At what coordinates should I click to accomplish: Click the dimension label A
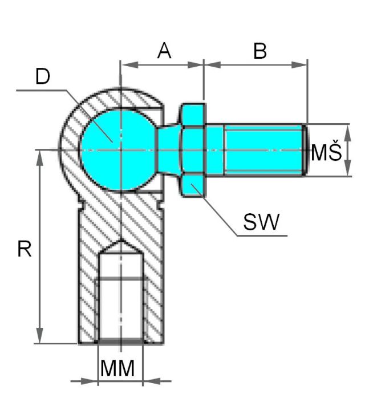[x=164, y=51]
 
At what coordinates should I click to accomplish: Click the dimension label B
[x=260, y=51]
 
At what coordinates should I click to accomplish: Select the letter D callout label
[x=43, y=76]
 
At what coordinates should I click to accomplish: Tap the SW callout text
[x=261, y=222]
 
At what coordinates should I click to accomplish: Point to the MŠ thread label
[x=326, y=151]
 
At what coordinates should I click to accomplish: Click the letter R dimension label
[x=25, y=249]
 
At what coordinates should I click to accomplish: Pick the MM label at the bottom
[x=117, y=368]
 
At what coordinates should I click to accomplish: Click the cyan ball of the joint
[x=118, y=150]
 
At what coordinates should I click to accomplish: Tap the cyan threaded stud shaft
[x=263, y=150]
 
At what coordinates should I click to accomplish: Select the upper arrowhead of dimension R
[x=40, y=158]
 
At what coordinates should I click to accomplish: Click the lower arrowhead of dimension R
[x=40, y=335]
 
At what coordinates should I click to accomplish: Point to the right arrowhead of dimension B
[x=299, y=64]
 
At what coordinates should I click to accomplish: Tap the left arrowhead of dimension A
[x=130, y=64]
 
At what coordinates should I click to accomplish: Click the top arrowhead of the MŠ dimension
[x=347, y=132]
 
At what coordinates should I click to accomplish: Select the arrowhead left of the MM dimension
[x=89, y=381]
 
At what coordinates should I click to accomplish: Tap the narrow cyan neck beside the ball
[x=169, y=150]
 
